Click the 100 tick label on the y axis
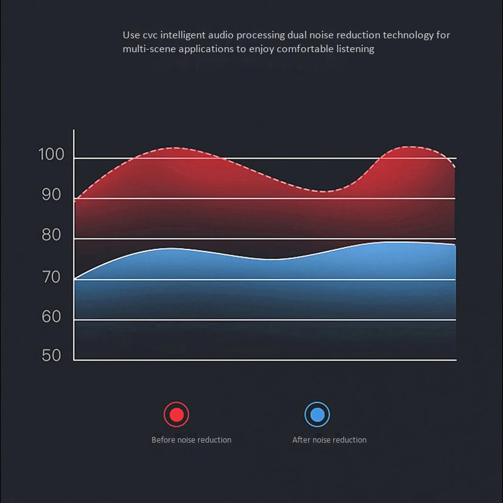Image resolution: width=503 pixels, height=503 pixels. (x=52, y=154)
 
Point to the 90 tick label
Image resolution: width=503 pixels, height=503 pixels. (x=52, y=194)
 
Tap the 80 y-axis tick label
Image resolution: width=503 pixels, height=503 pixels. (x=52, y=235)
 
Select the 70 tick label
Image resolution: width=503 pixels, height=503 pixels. (x=52, y=277)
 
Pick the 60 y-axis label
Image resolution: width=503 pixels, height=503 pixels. (x=52, y=316)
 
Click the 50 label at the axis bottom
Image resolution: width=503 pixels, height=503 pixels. (x=52, y=355)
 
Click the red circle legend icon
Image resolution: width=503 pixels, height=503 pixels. (x=176, y=414)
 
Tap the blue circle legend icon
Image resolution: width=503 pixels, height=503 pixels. (x=317, y=414)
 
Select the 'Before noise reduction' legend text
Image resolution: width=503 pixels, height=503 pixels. (x=191, y=439)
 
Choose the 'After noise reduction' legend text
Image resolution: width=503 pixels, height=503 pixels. (x=329, y=439)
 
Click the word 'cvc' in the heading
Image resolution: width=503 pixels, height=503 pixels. (x=150, y=35)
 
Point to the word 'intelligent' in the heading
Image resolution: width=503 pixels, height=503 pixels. (x=182, y=35)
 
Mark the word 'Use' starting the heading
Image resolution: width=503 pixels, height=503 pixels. (x=131, y=35)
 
